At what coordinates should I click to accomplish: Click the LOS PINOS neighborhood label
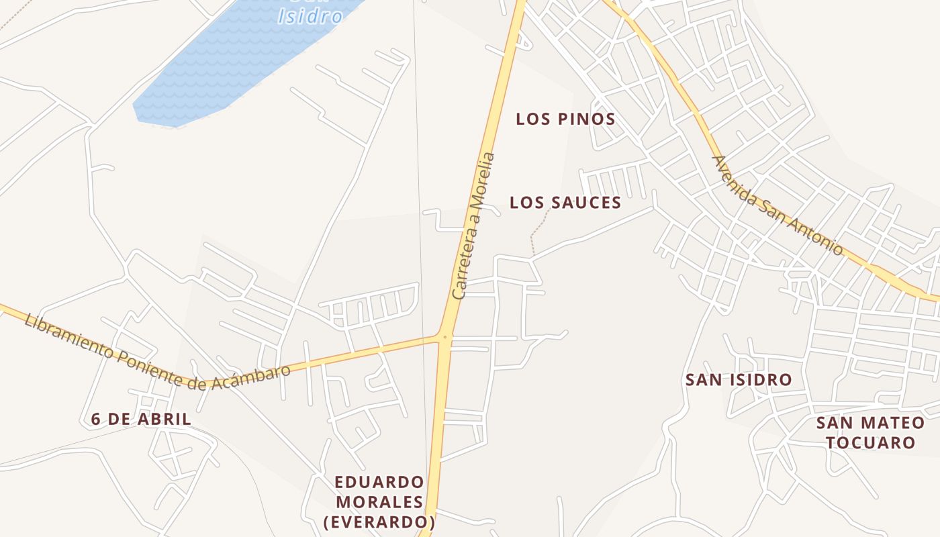pos(565,119)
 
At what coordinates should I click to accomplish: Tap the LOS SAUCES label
pos(565,203)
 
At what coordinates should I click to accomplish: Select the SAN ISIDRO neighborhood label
pos(739,380)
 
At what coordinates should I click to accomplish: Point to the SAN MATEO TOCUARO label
pos(870,433)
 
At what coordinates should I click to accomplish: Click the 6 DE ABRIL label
pos(141,420)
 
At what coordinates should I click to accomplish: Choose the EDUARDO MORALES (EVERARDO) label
pos(379,502)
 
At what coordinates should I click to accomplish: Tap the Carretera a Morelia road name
pos(474,226)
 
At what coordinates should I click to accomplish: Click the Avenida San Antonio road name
pos(777,205)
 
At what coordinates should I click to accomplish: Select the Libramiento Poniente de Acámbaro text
pos(158,355)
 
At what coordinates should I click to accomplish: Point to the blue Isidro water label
pos(310,15)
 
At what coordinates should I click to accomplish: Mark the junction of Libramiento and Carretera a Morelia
pos(444,336)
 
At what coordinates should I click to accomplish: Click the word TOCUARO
pos(870,443)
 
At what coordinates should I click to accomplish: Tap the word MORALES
pos(379,502)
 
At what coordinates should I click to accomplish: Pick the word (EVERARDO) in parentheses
pos(379,522)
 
